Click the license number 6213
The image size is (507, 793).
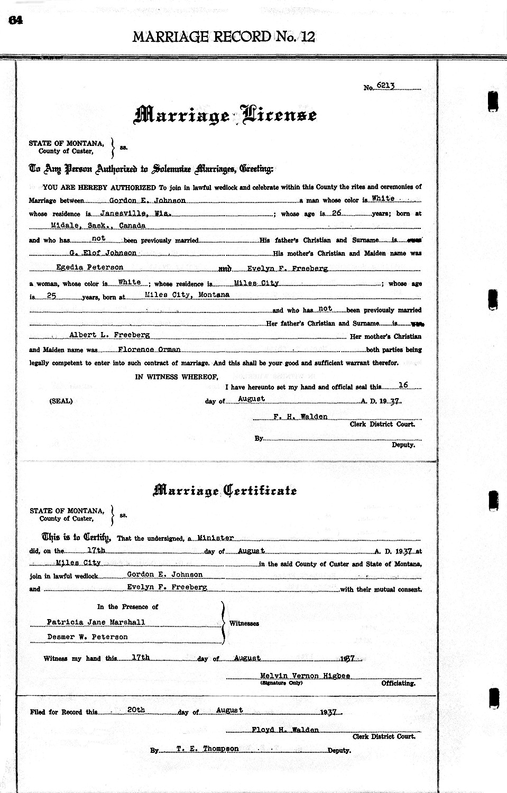click(x=386, y=86)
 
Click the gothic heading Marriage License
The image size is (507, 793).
click(x=226, y=115)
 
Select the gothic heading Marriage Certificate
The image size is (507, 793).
click(x=225, y=491)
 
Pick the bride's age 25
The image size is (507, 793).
click(x=51, y=297)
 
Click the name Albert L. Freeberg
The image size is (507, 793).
click(x=109, y=335)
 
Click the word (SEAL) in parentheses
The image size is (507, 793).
click(x=61, y=401)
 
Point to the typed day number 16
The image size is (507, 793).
click(x=403, y=386)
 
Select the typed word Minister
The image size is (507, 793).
click(x=216, y=538)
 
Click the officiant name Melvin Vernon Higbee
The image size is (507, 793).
click(x=305, y=676)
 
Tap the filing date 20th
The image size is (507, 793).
click(x=136, y=710)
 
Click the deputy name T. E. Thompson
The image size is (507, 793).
click(x=200, y=749)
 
